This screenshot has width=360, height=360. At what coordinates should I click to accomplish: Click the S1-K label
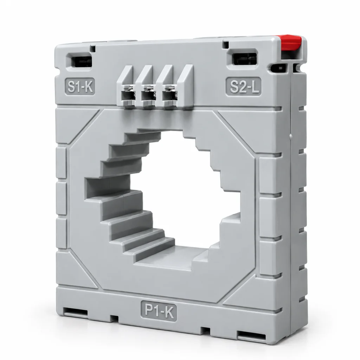(x=80, y=86)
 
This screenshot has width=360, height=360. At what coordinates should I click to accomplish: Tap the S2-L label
(x=244, y=86)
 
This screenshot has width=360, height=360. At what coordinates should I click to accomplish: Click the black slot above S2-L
(x=244, y=58)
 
